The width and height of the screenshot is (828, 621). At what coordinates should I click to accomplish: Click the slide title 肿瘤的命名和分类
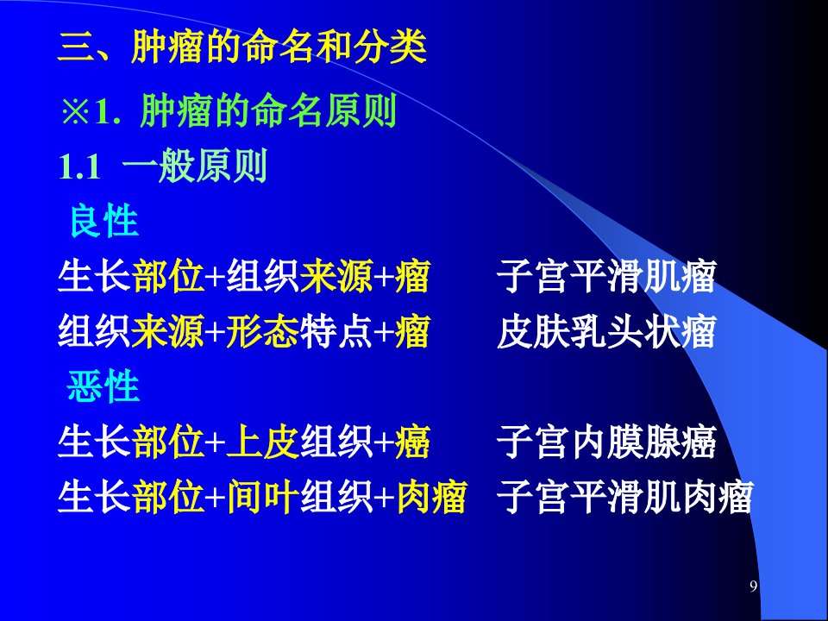click(x=279, y=47)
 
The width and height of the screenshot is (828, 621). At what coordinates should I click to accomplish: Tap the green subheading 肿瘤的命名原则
click(x=268, y=111)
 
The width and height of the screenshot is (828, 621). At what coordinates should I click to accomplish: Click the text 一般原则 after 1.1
click(x=195, y=166)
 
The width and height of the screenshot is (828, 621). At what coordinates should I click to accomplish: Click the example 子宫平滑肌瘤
click(x=606, y=276)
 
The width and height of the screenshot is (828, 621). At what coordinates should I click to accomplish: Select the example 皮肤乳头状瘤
click(x=606, y=331)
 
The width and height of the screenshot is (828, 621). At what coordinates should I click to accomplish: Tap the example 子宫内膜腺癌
click(x=606, y=442)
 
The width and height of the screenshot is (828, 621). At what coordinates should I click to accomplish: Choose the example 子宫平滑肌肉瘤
click(x=624, y=497)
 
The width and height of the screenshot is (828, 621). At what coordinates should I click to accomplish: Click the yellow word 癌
click(x=412, y=442)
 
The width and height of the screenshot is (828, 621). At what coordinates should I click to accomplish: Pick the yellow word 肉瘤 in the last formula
click(x=431, y=497)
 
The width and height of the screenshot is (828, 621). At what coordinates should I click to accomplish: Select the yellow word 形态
click(x=262, y=331)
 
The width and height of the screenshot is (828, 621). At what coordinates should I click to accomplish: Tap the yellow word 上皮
click(x=263, y=442)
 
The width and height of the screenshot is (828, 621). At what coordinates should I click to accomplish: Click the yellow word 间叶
click(x=263, y=497)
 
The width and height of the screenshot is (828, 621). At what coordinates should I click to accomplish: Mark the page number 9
click(x=754, y=586)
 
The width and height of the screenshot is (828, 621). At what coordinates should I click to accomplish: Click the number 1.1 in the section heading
click(x=79, y=166)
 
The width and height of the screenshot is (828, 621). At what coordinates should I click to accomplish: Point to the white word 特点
click(x=336, y=331)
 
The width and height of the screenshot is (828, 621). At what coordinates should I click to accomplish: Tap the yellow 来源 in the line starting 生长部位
click(x=336, y=276)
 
